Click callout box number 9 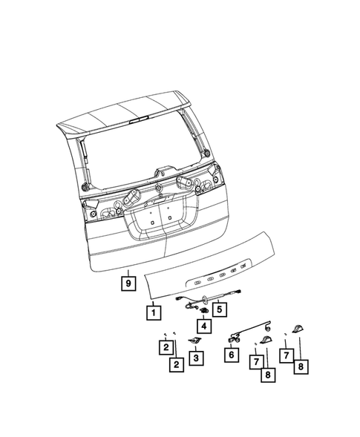(x=128, y=283)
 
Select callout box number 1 (x=151, y=312)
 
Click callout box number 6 (x=232, y=355)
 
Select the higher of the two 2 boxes (x=167, y=347)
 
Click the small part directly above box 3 (x=196, y=341)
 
